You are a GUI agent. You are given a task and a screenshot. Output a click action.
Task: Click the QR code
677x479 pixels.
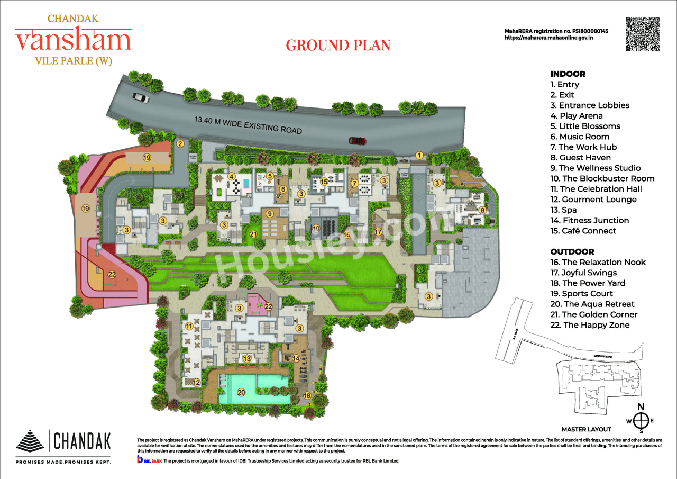(x=643, y=34)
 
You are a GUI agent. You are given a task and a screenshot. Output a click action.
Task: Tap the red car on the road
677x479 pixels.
(x=358, y=141)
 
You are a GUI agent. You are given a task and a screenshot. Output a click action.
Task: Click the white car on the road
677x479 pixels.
(x=141, y=97)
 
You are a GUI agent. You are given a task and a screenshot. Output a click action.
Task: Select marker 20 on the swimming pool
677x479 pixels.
(x=241, y=393)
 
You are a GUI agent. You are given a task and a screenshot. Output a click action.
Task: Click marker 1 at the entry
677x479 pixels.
(x=419, y=155)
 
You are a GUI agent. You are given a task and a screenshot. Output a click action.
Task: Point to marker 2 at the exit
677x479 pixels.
(x=180, y=143)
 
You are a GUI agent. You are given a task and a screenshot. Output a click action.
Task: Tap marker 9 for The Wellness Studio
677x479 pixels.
(x=269, y=213)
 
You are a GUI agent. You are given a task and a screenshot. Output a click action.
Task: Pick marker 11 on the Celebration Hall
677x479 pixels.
(x=189, y=327)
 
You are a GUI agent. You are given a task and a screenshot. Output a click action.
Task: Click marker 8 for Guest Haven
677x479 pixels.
(x=482, y=210)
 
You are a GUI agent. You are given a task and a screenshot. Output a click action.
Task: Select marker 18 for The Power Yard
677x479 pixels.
(x=307, y=395)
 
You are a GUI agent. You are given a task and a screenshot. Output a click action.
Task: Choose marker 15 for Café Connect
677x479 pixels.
(x=324, y=182)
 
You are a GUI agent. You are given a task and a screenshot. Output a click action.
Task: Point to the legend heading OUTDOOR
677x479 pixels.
(x=572, y=251)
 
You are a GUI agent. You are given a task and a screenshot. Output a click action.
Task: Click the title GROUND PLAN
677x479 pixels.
(x=338, y=45)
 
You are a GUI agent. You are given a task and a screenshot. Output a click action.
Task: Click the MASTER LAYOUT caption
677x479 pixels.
(x=586, y=429)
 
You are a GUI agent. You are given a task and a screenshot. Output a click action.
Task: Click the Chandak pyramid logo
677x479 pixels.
(x=31, y=440)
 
